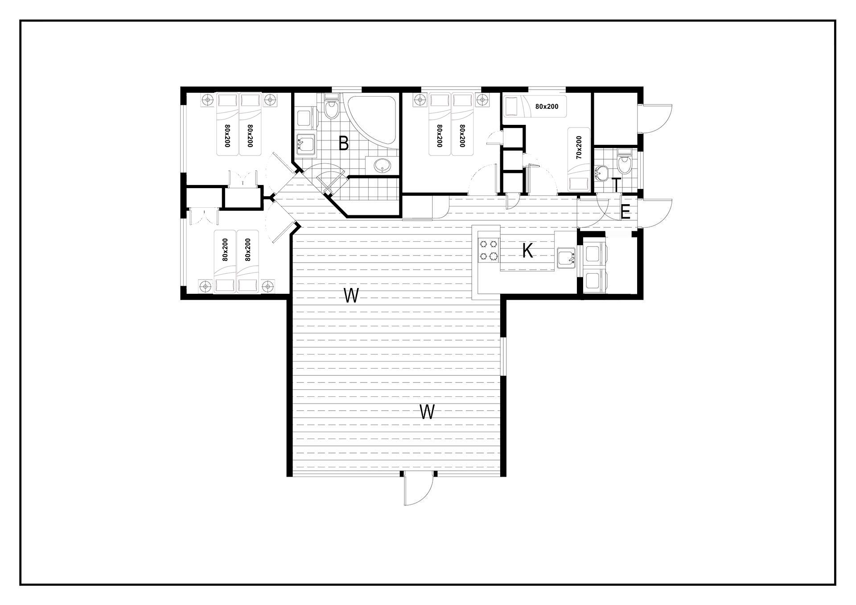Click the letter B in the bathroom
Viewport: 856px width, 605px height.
[343, 144]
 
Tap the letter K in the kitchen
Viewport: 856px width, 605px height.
[528, 251]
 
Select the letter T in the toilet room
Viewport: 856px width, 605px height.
[616, 185]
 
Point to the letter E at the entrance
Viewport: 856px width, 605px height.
[625, 213]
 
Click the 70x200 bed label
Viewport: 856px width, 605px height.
[579, 148]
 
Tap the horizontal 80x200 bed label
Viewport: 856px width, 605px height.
[547, 107]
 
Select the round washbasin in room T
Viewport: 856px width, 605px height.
[601, 173]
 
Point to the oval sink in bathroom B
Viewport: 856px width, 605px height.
[382, 165]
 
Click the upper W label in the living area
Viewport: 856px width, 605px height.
[351, 296]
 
